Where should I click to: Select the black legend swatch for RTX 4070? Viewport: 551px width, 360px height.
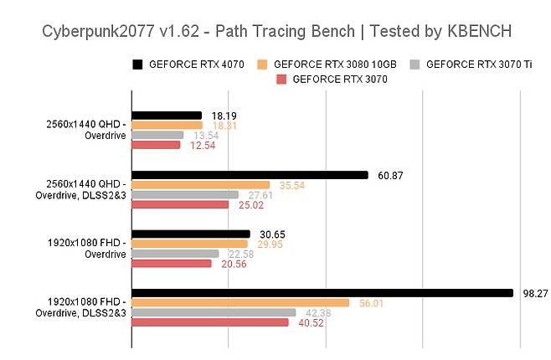point(137,64)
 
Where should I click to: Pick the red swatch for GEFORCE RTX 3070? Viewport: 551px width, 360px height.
point(281,79)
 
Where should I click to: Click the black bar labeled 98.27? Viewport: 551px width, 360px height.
point(322,293)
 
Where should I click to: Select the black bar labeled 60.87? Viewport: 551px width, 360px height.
point(250,175)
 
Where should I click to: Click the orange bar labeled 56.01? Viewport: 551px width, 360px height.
point(240,303)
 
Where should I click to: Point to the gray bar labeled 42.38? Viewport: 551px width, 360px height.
point(214,313)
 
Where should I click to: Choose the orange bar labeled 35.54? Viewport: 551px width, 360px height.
point(201,185)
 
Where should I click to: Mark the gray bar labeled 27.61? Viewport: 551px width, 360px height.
point(185,195)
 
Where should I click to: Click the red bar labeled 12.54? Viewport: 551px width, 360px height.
point(156,145)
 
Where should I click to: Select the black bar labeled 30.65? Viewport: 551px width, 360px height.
point(191,234)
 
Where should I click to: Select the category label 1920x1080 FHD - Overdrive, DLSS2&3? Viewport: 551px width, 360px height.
point(80,307)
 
